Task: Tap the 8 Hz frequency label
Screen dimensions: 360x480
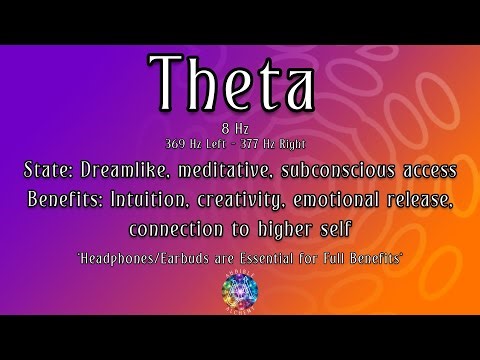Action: [x=240, y=127]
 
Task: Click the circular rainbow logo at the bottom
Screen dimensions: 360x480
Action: [x=239, y=296]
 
